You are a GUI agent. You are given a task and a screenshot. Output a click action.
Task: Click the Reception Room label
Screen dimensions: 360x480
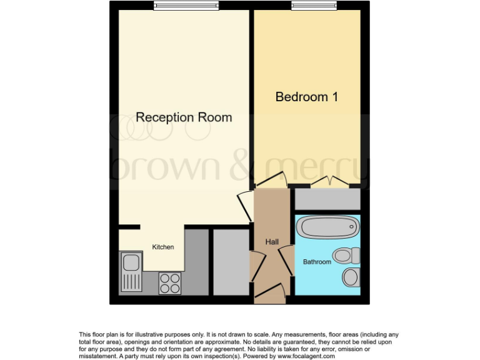184,117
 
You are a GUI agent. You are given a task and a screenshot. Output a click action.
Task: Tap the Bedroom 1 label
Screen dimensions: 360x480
307,97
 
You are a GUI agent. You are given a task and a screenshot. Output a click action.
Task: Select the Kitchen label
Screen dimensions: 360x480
163,247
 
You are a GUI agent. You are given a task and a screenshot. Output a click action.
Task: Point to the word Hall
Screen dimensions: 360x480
272,242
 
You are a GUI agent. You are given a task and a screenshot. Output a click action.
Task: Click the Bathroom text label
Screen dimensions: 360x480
317,262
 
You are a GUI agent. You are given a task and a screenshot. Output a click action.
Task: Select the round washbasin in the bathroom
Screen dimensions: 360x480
351,276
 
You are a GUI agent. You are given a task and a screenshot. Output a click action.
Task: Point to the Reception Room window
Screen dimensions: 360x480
186,6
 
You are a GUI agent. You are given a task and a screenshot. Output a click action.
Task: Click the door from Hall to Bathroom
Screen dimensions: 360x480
287,260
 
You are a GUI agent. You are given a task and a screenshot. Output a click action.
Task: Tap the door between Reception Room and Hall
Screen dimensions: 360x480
244,206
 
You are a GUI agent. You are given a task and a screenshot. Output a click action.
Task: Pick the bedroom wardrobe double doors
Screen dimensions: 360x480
329,181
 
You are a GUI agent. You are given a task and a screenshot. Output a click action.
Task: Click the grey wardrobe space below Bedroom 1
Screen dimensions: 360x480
327,199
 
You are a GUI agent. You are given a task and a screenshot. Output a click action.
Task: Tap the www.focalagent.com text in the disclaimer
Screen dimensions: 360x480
305,356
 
